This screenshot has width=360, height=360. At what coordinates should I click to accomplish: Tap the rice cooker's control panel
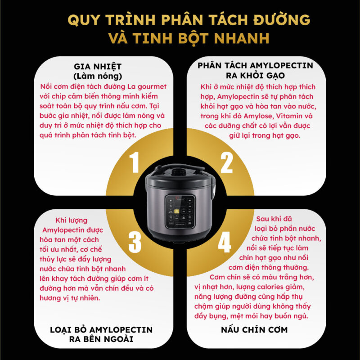[x=180, y=211]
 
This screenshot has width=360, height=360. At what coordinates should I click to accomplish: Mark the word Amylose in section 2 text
[x=266, y=116]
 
